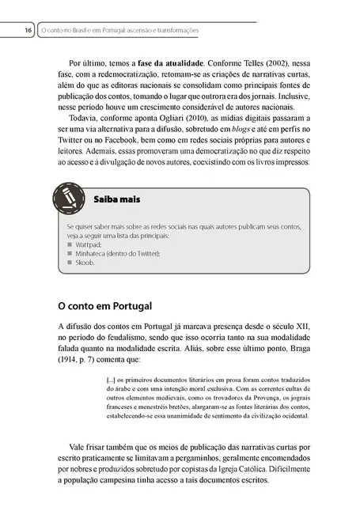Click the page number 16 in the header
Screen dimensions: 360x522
tap(27, 30)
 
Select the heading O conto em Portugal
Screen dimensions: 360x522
tap(104, 304)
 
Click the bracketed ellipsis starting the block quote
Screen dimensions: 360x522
tap(112, 377)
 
